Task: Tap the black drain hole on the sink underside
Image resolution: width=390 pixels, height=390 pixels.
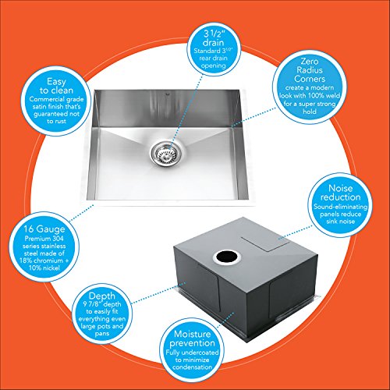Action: coord(227,257)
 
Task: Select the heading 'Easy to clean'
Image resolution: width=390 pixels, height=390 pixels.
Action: coord(56,86)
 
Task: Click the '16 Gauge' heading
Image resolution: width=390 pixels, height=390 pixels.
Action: coord(44,229)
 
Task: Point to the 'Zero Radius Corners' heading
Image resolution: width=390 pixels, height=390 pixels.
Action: coord(310,70)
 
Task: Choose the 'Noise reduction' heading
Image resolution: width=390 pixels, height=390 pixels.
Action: coord(340,193)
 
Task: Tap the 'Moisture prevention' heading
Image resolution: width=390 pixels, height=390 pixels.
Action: coord(192,339)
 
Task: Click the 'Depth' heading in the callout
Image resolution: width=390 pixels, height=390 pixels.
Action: coord(101,296)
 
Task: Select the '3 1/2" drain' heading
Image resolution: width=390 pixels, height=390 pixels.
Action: coord(213,38)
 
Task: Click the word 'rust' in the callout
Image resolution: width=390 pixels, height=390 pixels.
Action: coord(60,122)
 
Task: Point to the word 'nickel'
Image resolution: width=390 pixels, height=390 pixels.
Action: coord(51,268)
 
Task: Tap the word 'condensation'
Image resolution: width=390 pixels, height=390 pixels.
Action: coord(192,367)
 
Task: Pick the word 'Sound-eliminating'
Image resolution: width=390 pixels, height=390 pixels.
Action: coord(340,207)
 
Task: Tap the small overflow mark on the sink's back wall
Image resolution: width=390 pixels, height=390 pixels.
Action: coord(167,92)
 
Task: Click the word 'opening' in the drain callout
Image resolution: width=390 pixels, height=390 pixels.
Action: coord(213,66)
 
